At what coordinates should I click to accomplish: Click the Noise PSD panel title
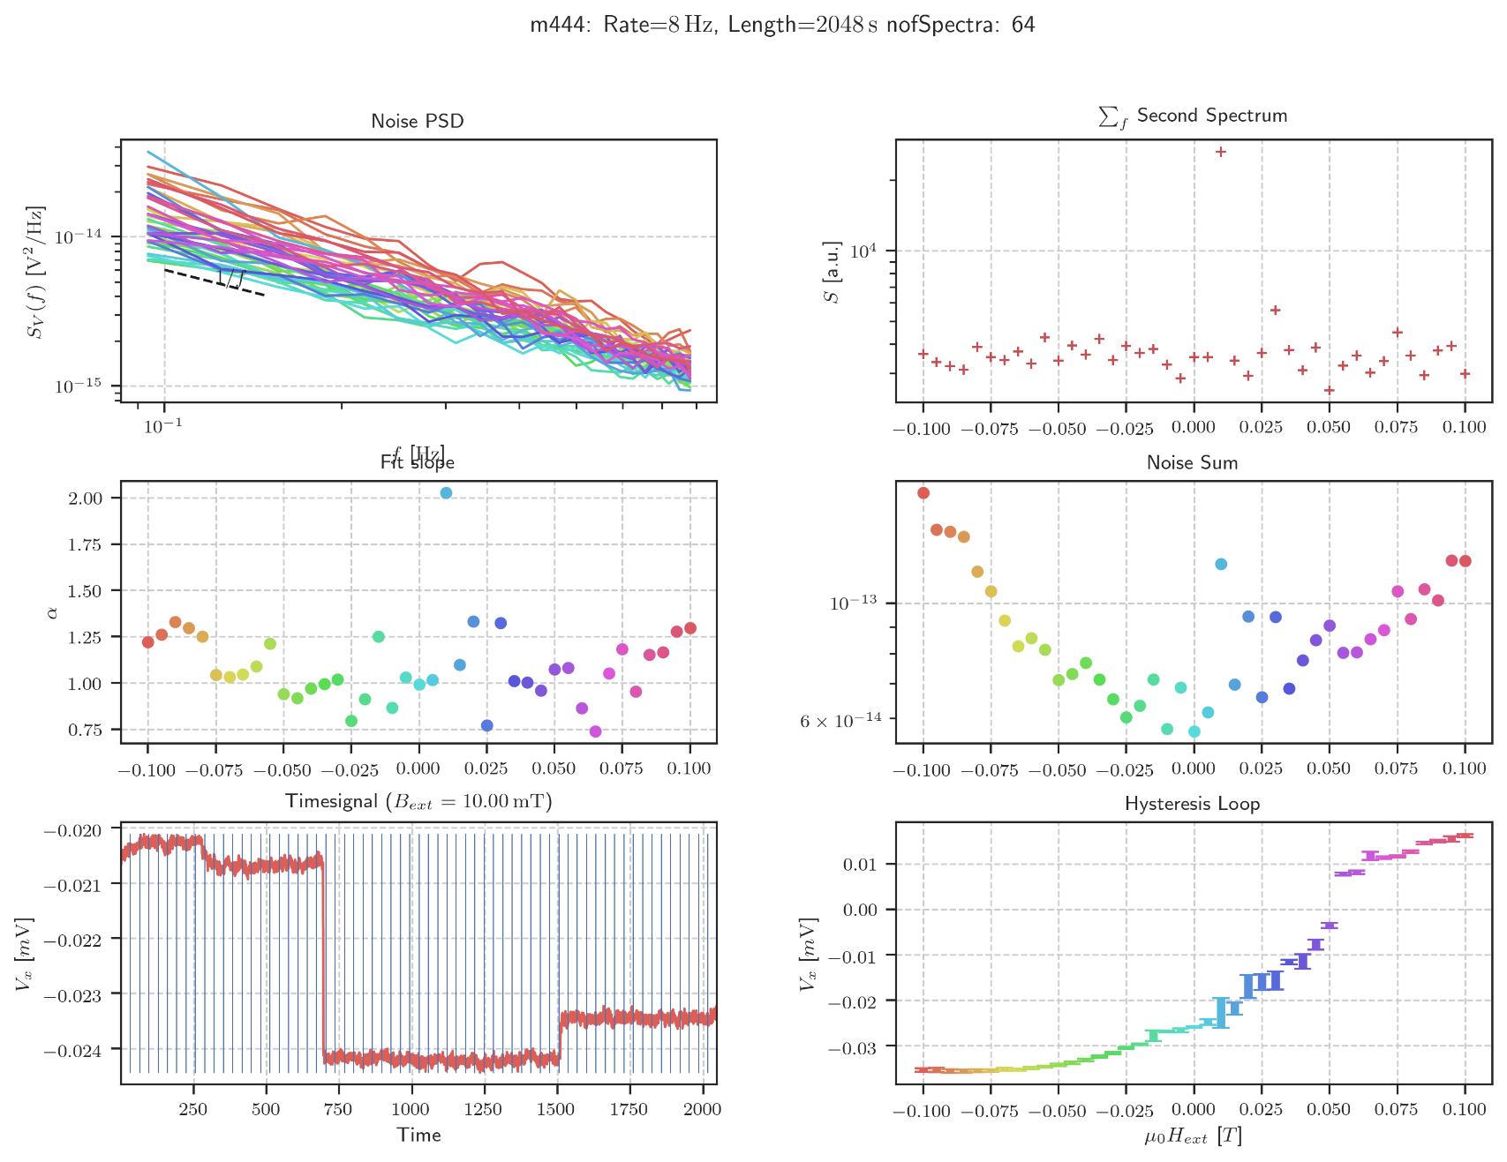tap(417, 122)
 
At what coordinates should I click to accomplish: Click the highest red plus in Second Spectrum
tap(1221, 152)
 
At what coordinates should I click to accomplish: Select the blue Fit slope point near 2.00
tap(446, 493)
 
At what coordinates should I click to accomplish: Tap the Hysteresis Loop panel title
tap(1192, 804)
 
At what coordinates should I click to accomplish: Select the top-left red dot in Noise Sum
tap(923, 493)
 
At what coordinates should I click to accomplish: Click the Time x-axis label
tap(418, 1135)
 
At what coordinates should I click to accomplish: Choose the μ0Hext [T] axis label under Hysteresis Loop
tap(1193, 1136)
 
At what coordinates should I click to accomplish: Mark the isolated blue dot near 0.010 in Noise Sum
tap(1221, 564)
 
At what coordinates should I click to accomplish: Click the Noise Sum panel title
tap(1192, 463)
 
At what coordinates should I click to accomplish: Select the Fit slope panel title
tap(418, 462)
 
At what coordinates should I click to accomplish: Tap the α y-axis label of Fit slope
tap(53, 611)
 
